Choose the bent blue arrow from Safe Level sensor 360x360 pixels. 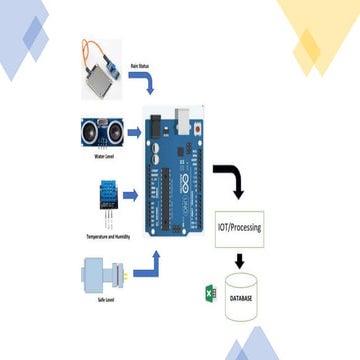pos(146,264)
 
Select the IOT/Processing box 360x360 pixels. pos(240,228)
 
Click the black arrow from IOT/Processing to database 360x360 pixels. pos(240,263)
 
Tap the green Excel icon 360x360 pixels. pos(211,296)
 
